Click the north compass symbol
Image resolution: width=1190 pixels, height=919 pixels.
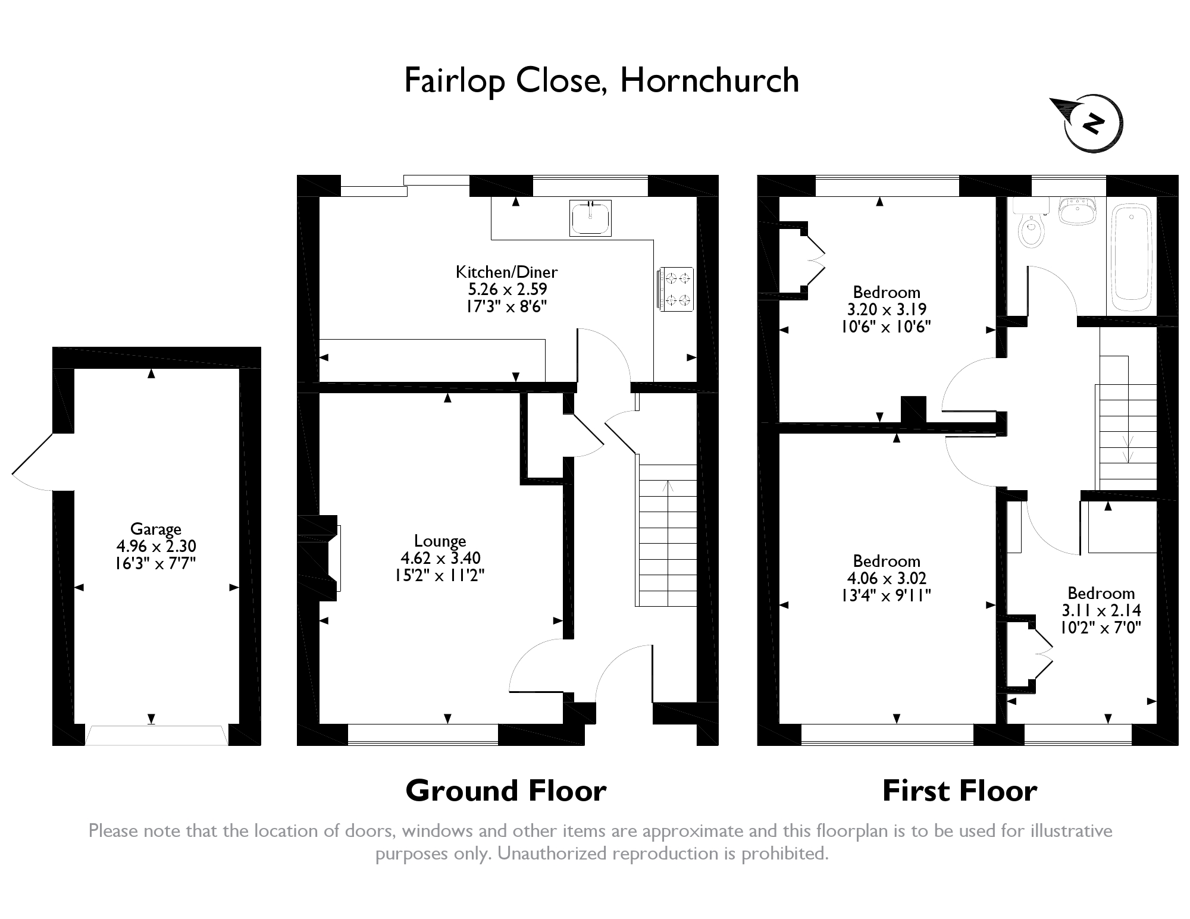click(x=1086, y=123)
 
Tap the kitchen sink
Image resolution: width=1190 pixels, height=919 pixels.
click(x=590, y=218)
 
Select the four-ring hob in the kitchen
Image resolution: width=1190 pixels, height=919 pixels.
click(x=675, y=289)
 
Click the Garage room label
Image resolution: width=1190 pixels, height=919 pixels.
click(x=156, y=529)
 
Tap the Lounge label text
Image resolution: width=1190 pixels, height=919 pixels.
click(x=440, y=541)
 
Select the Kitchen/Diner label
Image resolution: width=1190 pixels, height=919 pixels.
click(x=507, y=272)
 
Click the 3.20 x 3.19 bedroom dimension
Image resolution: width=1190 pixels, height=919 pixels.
click(x=887, y=309)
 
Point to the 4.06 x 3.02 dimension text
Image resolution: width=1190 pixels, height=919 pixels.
click(x=887, y=578)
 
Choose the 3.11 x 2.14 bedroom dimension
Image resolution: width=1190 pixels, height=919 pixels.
click(x=1101, y=610)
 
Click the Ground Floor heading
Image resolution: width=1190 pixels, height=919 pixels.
click(x=506, y=791)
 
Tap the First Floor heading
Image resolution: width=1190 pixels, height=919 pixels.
click(x=960, y=791)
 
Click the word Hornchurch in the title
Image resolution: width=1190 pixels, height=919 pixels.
click(x=710, y=80)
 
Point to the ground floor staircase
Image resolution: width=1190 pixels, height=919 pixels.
click(x=666, y=535)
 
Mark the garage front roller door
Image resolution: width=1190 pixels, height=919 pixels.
click(x=156, y=735)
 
